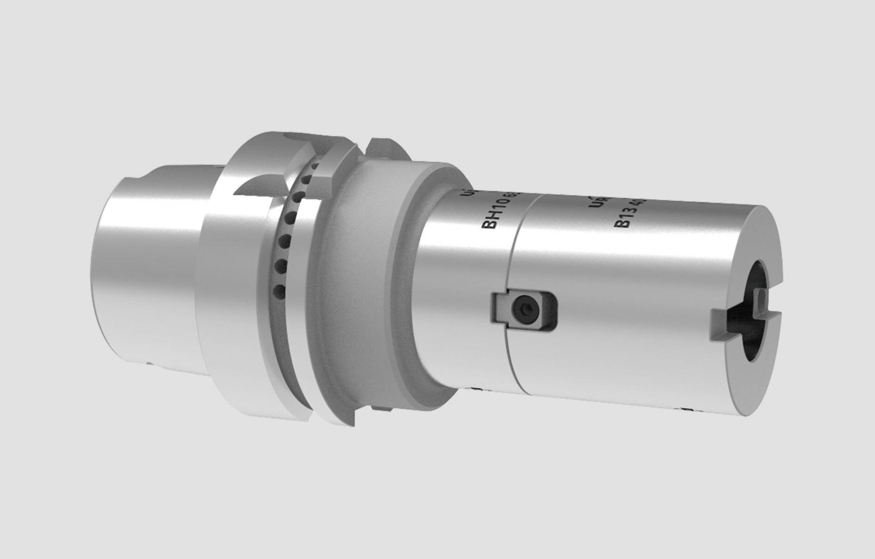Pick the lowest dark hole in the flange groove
coord(279,291)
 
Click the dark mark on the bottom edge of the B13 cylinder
coord(686,409)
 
